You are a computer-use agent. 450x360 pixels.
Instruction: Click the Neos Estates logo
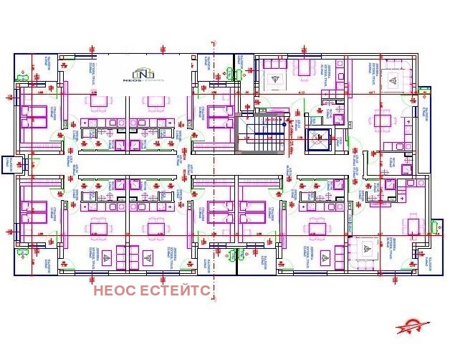pyautogui.click(x=144, y=74)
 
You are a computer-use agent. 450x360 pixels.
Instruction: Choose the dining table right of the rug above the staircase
pyautogui.click(x=304, y=70)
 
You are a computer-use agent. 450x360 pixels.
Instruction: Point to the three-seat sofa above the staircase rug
pyautogui.click(x=273, y=64)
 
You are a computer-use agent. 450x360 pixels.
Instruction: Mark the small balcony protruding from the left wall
pyautogui.click(x=9, y=163)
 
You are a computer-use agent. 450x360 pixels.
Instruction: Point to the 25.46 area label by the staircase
pyautogui.click(x=291, y=147)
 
